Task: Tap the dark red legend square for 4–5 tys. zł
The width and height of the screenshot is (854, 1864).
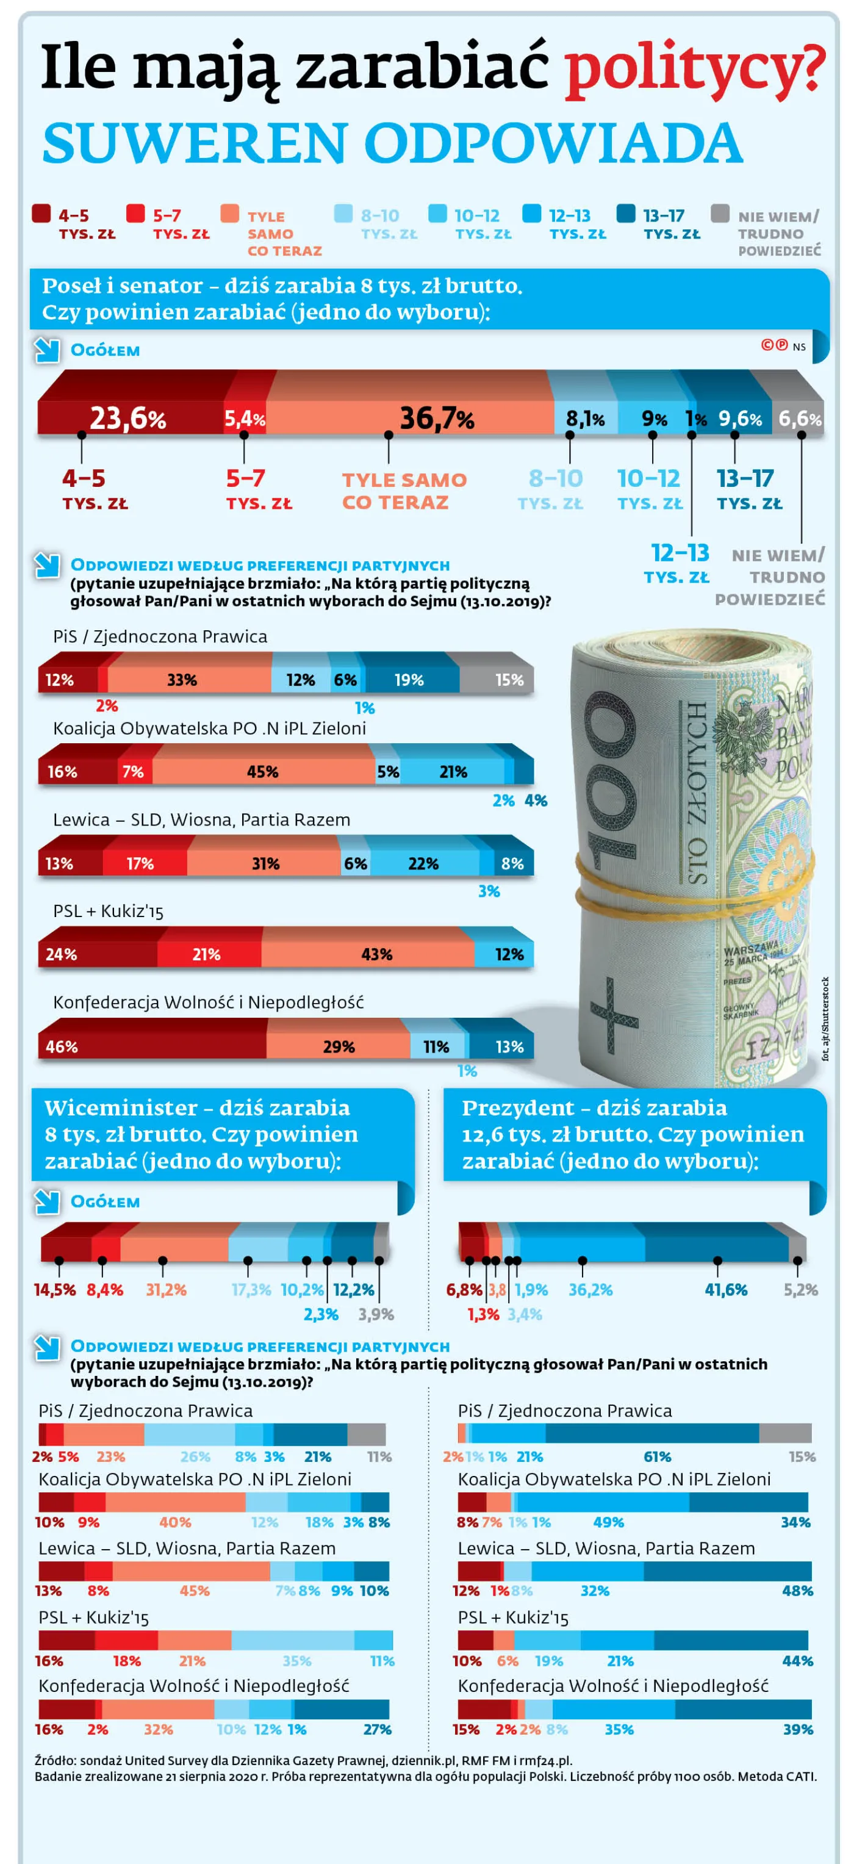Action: click(41, 214)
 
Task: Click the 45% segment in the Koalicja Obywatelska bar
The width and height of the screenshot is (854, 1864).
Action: click(263, 771)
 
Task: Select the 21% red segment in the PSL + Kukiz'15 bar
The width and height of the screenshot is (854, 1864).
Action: click(209, 954)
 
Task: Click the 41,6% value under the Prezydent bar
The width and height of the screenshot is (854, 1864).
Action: click(725, 1289)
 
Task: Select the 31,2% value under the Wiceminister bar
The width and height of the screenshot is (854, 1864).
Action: click(166, 1289)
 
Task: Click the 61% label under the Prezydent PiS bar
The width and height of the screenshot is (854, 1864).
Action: click(656, 1456)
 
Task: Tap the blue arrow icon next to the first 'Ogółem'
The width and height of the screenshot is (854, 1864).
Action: click(47, 350)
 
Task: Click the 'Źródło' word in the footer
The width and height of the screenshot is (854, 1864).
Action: click(54, 1760)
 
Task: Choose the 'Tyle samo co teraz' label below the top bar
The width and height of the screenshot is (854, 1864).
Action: click(403, 491)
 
